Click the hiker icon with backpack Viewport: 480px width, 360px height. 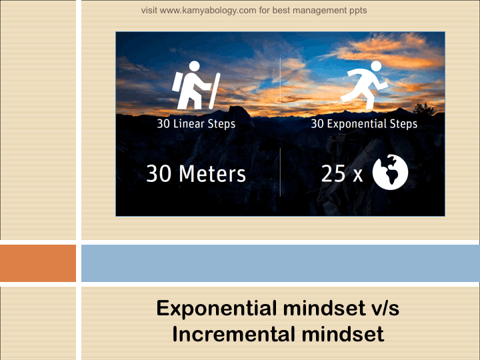point(196,85)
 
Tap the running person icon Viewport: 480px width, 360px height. point(364,85)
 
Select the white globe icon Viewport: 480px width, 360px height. point(390,172)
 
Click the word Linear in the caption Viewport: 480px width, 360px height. point(189,124)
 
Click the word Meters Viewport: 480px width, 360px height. point(212,173)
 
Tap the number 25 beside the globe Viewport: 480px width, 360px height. point(333,173)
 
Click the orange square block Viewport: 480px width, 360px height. point(38,263)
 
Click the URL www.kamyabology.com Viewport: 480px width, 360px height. point(208,11)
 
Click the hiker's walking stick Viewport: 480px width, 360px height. point(215,91)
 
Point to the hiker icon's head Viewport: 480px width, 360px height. point(195,66)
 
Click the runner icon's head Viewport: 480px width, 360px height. point(376,66)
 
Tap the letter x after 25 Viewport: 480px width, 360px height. point(357,176)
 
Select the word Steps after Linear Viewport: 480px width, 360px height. point(221,124)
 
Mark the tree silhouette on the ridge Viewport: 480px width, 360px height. point(424,109)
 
